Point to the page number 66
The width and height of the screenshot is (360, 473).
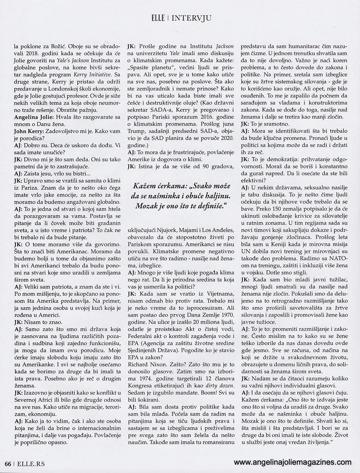point(7,464)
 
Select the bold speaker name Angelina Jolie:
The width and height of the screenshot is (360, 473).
point(33,118)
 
